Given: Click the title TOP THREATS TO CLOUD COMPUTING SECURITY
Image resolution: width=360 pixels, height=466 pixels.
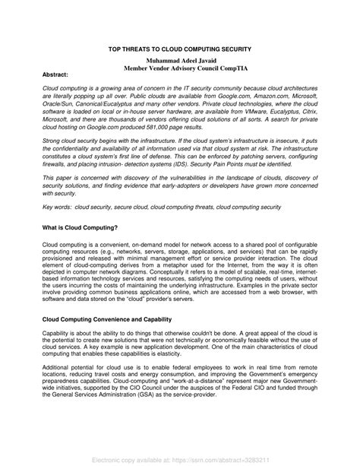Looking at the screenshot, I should click(180, 47).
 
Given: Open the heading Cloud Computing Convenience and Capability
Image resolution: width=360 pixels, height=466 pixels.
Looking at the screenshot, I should click(106, 319).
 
